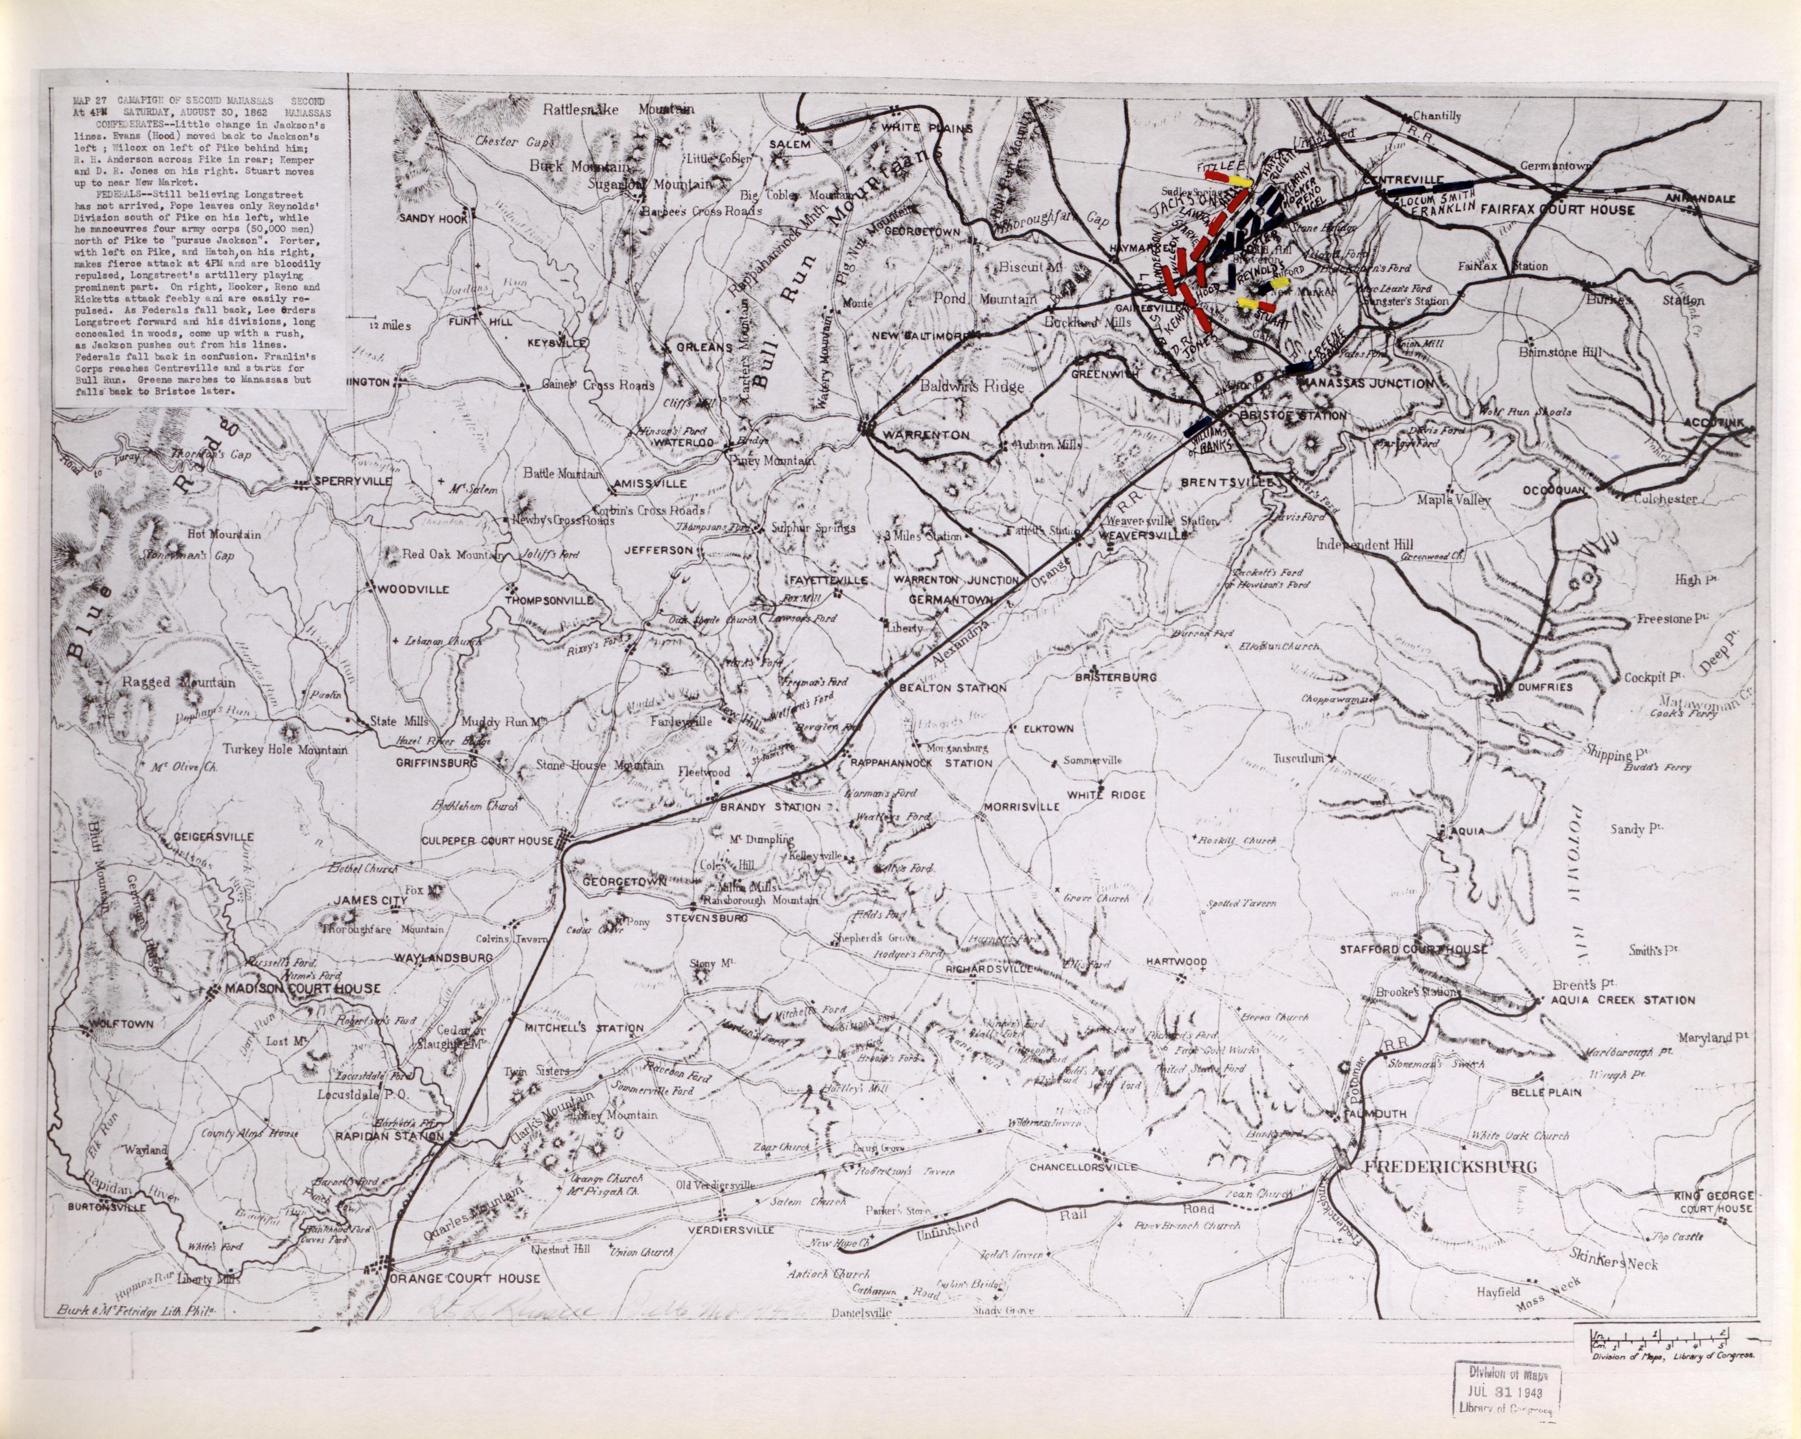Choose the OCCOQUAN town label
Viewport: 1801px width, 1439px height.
click(1553, 490)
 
